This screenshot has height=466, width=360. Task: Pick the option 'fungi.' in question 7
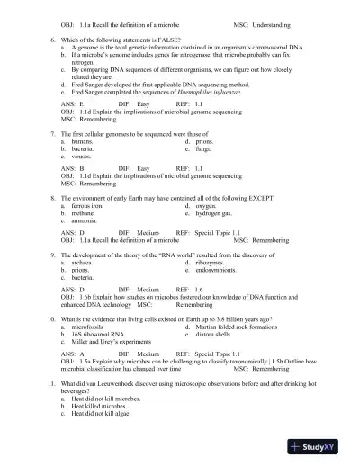[x=201, y=148]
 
